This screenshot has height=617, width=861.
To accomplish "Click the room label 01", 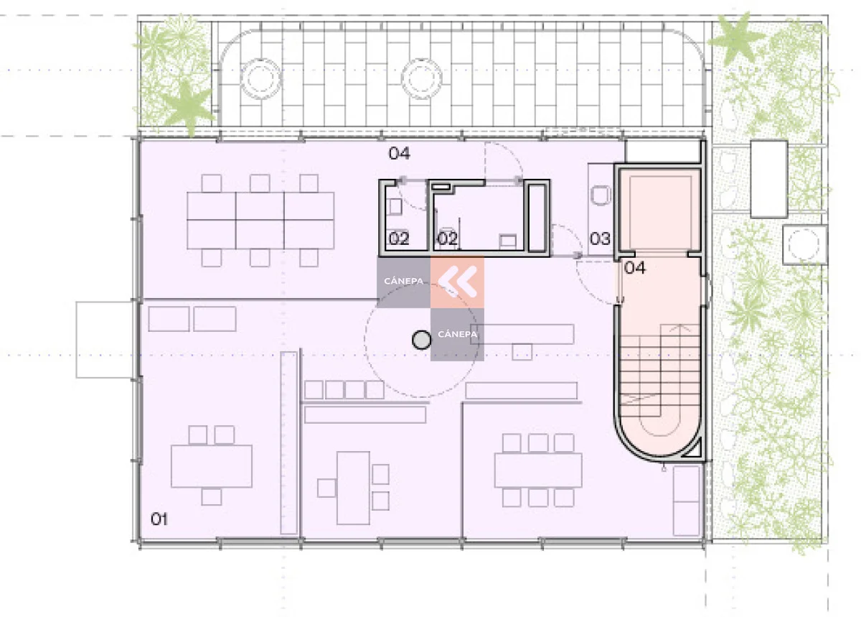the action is [x=159, y=519].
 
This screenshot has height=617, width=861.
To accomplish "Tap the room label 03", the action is [x=600, y=238].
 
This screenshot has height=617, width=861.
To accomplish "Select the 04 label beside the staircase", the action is [x=634, y=267].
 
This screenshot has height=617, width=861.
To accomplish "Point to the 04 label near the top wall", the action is [x=400, y=154].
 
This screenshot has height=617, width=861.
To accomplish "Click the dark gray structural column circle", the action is [x=421, y=340].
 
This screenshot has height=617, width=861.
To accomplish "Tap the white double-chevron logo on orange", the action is [x=458, y=282].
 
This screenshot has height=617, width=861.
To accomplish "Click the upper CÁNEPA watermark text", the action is [x=403, y=282].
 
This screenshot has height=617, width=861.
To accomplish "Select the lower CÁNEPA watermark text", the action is [x=458, y=334].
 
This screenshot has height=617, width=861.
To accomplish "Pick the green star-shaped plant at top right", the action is [x=736, y=39].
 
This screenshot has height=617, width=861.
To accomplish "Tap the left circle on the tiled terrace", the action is [x=261, y=79].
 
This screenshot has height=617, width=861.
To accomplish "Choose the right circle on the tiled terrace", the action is [x=422, y=79].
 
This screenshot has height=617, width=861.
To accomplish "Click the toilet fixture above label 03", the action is [x=601, y=195].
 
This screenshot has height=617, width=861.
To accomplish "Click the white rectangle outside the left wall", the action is [x=105, y=340].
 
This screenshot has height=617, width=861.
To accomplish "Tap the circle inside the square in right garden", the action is [x=804, y=244].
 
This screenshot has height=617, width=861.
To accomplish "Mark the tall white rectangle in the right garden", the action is [x=769, y=179].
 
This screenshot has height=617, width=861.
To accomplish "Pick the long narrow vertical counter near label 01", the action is [x=289, y=442].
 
